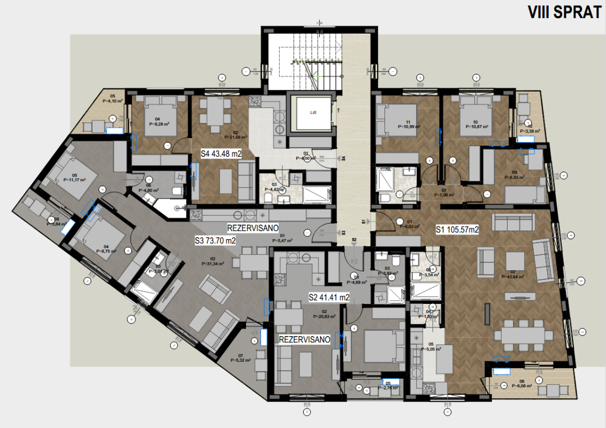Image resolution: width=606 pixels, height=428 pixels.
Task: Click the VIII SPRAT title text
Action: click(564, 12)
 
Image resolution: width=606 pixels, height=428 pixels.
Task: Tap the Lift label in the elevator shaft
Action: click(313, 113)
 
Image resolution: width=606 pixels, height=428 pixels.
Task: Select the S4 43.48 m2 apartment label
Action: click(221, 154)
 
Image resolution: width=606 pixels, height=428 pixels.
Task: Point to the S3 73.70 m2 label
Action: click(216, 241)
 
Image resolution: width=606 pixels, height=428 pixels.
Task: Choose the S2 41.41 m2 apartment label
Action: click(329, 296)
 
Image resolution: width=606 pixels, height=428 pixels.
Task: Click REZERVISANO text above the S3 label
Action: click(251, 227)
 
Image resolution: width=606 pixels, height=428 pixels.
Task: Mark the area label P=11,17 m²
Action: click(74, 180)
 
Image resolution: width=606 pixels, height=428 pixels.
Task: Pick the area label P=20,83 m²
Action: click(324, 316)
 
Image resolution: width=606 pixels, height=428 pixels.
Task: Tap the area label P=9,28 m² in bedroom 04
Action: click(158, 124)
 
